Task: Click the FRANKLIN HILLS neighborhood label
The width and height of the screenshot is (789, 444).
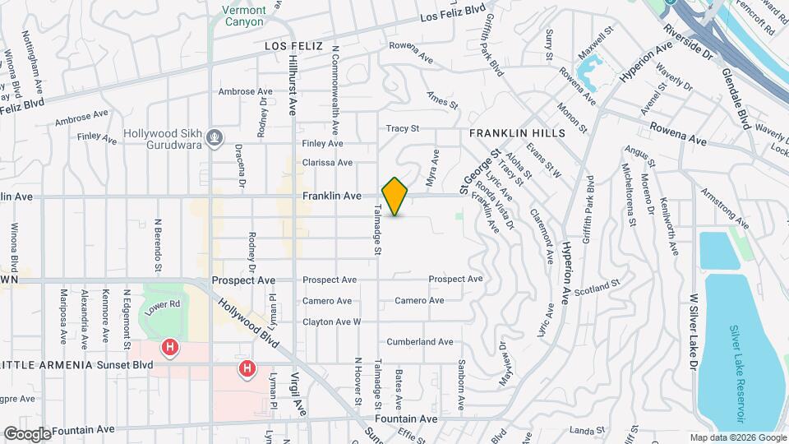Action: click(517, 132)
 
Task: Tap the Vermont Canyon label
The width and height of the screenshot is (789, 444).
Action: click(244, 16)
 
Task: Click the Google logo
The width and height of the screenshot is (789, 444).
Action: click(27, 433)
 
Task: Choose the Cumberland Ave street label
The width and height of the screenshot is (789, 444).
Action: click(421, 342)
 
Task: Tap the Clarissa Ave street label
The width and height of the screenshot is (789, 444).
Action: click(327, 163)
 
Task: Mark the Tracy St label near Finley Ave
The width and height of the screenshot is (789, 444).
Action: click(403, 128)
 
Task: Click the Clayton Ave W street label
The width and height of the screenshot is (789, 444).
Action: click(332, 321)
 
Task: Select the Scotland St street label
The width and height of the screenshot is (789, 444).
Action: click(598, 288)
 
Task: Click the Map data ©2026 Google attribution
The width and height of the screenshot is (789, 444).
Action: click(737, 437)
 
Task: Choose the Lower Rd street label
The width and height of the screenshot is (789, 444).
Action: click(162, 305)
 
